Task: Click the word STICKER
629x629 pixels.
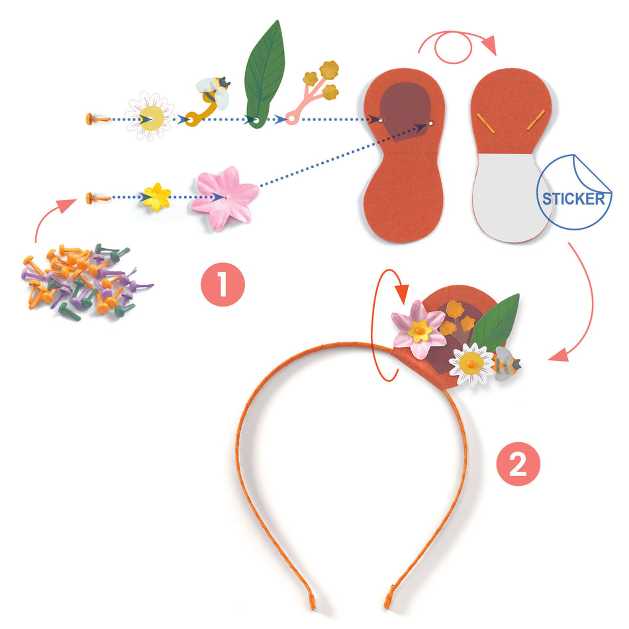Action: [x=574, y=199]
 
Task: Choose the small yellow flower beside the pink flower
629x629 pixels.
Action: [x=157, y=197]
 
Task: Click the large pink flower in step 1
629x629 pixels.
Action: [x=223, y=197]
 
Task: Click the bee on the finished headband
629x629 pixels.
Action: [x=507, y=365]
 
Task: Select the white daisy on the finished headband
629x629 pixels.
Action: [x=471, y=364]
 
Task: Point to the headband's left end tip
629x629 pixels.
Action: [x=312, y=604]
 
